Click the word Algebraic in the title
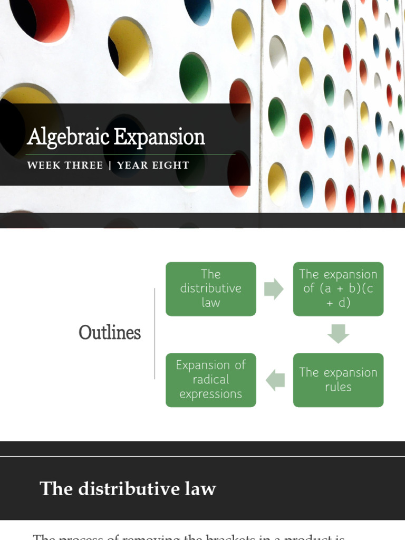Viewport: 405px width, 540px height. pos(69,138)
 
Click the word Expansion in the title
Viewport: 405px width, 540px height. pos(159,138)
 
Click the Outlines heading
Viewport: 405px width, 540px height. pos(110,333)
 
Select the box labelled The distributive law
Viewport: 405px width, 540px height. pos(210,289)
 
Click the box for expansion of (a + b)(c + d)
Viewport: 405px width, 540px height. pos(338,289)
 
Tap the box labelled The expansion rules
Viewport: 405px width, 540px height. pos(338,380)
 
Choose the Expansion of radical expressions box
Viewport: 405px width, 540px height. pos(210,380)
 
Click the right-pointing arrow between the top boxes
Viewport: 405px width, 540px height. pos(274,289)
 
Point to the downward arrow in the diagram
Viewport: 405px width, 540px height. pos(338,334)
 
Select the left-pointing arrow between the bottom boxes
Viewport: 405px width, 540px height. pos(275,380)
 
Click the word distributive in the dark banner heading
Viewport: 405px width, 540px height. pos(130,489)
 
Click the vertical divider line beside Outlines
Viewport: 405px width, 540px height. pos(155,333)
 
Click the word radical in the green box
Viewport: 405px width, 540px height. pos(210,380)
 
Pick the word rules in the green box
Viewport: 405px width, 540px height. pos(338,387)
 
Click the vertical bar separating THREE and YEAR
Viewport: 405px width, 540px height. pos(110,166)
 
